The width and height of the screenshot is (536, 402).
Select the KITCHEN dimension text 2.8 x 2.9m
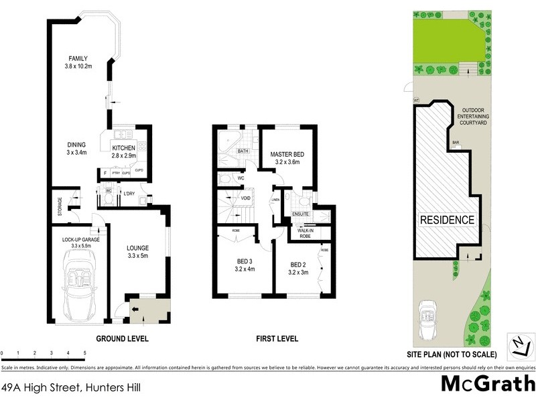[x=123, y=155]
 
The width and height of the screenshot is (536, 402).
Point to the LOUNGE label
[x=137, y=247]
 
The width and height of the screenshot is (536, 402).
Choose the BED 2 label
[x=297, y=264]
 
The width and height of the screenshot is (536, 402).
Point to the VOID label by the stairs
[x=246, y=198]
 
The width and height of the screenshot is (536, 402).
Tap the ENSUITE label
[x=299, y=214]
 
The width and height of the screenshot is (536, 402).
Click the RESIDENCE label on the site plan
[x=447, y=220]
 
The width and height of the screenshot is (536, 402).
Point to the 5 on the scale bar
[x=84, y=352]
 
